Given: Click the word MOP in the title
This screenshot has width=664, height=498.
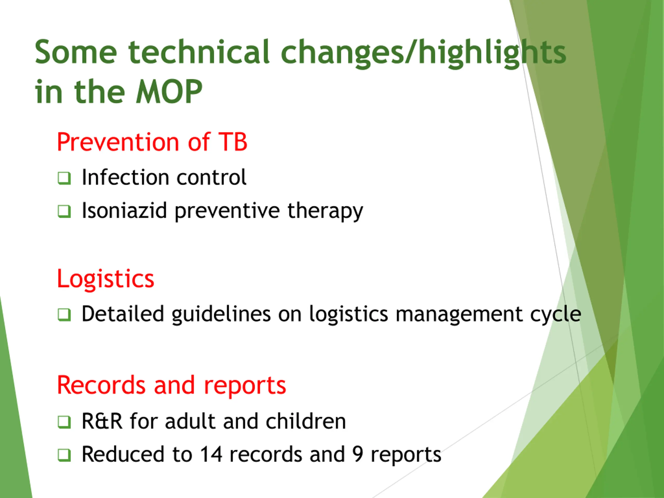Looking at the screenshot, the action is pyautogui.click(x=169, y=92).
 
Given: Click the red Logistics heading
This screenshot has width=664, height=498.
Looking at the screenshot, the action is pyautogui.click(x=105, y=279).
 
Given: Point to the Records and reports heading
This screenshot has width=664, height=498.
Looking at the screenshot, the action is pyautogui.click(x=171, y=386).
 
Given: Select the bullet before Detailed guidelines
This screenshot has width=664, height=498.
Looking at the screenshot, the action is pyautogui.click(x=64, y=315).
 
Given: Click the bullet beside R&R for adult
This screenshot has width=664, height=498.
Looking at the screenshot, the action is pyautogui.click(x=64, y=422).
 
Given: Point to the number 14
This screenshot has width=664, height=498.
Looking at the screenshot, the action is pyautogui.click(x=211, y=454).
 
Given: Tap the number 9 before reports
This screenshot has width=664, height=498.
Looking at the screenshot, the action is pyautogui.click(x=358, y=454).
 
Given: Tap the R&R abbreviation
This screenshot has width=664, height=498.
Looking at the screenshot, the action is pyautogui.click(x=102, y=421).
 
